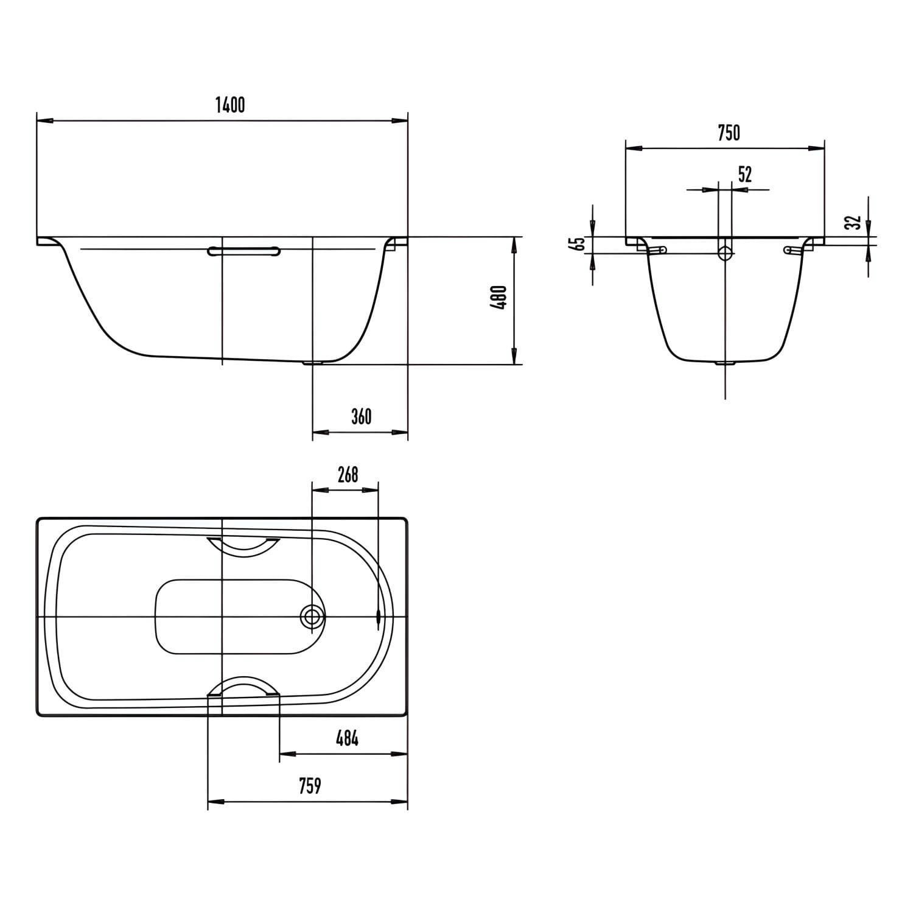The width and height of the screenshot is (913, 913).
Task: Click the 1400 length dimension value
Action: pos(230,105)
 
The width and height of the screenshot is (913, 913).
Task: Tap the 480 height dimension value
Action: pos(499,298)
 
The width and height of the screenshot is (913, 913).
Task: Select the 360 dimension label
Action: pos(361,416)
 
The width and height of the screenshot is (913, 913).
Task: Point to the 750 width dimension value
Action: pos(729,132)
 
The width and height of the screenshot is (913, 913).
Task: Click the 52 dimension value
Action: pos(745,175)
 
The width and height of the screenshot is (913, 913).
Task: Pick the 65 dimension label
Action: pos(579,243)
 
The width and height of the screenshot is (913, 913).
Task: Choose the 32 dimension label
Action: pos(855,223)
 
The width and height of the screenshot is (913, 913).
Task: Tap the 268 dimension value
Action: pos(348,474)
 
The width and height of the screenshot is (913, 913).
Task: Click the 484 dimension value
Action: pos(347,738)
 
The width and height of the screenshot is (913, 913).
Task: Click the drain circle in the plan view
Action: pos(312,617)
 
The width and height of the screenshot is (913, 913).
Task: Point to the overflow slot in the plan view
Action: pos(379,617)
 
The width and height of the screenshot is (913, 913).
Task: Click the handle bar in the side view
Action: pos(243,250)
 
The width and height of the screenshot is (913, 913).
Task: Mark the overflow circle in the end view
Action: pos(725,253)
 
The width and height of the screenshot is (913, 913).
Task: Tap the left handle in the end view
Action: pos(656,250)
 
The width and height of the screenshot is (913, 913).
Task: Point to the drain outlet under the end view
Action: pos(725,363)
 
